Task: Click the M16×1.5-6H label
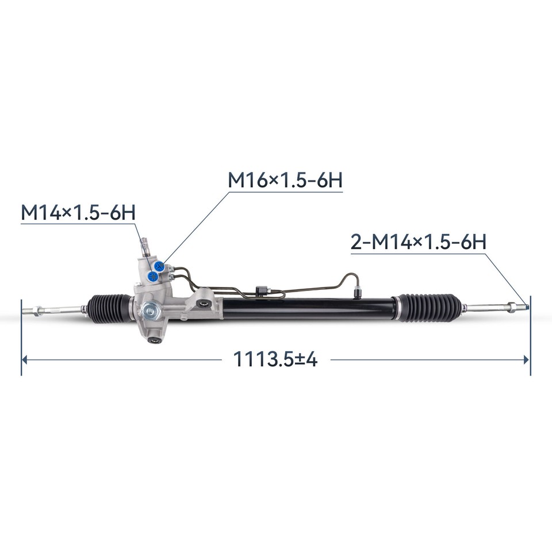pyautogui.click(x=285, y=180)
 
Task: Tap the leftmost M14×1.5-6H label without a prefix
pyautogui.click(x=78, y=212)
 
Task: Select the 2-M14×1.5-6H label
pyautogui.click(x=419, y=242)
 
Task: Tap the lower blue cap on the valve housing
pyautogui.click(x=152, y=277)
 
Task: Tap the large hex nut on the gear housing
pyautogui.click(x=151, y=312)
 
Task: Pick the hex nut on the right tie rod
pyautogui.click(x=510, y=306)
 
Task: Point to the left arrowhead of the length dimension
pyautogui.click(x=24, y=360)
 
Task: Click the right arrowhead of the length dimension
pyautogui.click(x=526, y=360)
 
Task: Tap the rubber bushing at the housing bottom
pyautogui.click(x=154, y=339)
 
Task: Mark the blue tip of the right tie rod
pyautogui.click(x=526, y=306)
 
